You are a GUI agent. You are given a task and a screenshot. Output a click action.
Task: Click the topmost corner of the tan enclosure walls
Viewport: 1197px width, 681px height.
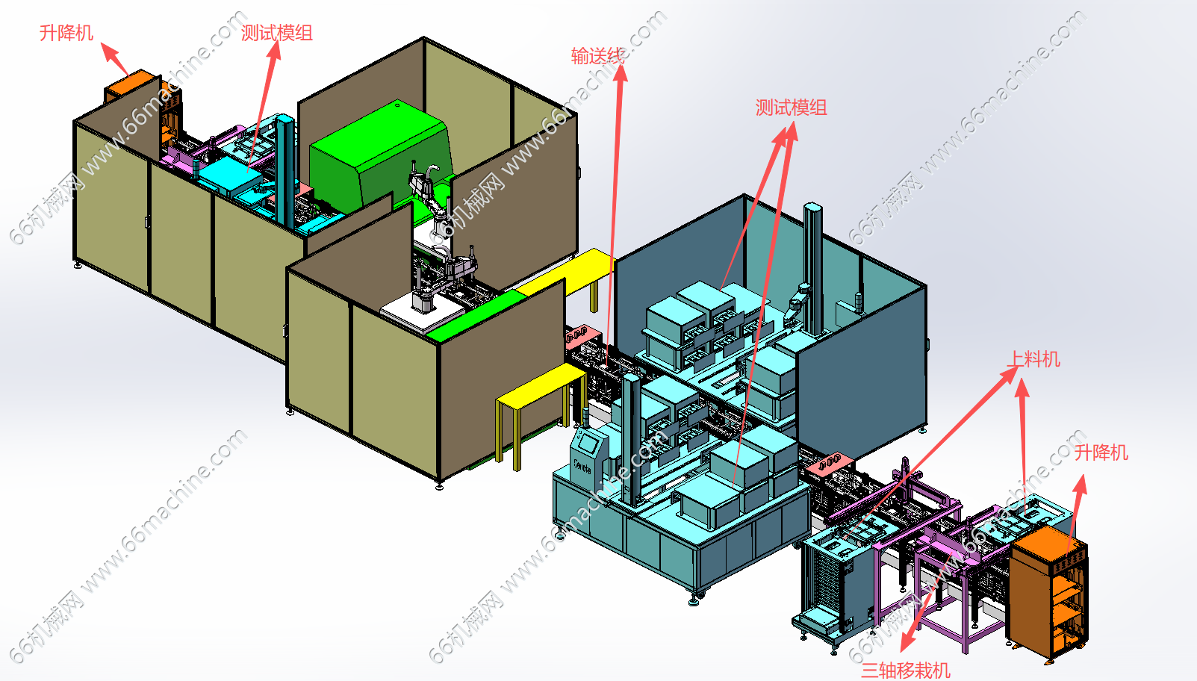coord(423,37)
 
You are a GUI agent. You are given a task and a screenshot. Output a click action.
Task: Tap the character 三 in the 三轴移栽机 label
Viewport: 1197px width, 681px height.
coord(870,670)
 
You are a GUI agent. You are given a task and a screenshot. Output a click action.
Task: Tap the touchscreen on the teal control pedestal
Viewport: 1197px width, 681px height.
coord(589,443)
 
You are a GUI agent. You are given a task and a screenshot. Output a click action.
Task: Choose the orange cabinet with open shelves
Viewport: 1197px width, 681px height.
coord(1048,594)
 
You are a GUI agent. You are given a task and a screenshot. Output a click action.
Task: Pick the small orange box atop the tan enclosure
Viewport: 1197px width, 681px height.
coord(131,85)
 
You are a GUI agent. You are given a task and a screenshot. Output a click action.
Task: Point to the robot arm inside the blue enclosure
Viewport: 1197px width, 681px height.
coord(798,301)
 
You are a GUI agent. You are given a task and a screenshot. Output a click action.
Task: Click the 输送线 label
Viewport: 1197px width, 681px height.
coord(597,56)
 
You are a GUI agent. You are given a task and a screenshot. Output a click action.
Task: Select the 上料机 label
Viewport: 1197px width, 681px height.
coord(1033,358)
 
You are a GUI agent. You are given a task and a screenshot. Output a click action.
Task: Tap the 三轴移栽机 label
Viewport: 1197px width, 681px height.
coord(906,670)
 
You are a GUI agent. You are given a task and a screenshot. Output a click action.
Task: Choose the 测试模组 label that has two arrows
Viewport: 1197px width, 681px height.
coord(791,108)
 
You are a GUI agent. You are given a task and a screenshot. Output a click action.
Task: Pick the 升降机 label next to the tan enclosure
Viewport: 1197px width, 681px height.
coord(66,33)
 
